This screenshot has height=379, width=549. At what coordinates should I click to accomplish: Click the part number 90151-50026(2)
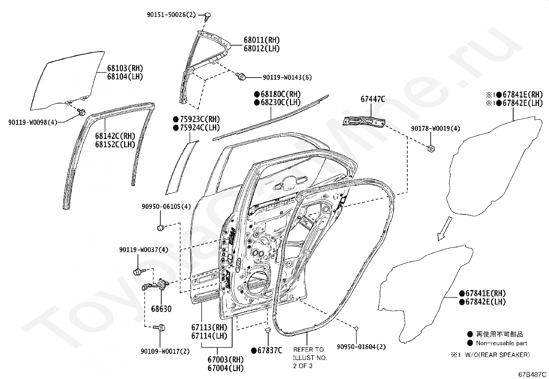pos(171,15)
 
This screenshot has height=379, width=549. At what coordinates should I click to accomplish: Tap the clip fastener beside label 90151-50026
pos(207,16)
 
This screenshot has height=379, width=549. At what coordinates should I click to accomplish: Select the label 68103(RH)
pos(125,68)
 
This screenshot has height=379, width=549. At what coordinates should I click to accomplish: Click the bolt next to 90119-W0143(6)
pos(241,77)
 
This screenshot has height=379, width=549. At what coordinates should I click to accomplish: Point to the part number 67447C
pos(373,99)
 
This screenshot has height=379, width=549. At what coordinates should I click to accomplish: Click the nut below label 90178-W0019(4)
pos(431,149)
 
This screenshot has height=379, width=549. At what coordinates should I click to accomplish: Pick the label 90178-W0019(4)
pos(436,128)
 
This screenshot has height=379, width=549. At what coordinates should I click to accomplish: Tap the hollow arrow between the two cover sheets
pos(445,229)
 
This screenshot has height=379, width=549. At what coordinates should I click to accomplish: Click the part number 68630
pos(161,309)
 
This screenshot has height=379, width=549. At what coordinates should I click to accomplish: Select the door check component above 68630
pos(156,285)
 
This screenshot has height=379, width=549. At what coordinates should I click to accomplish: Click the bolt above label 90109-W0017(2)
pos(159,327)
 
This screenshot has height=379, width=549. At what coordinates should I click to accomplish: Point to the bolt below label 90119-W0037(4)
pos(139,271)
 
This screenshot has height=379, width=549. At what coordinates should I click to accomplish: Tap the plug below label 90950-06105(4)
pos(161,228)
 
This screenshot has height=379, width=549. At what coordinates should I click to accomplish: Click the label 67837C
pos(267,351)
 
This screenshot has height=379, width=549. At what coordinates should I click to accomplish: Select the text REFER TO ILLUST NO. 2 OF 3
pos(310,358)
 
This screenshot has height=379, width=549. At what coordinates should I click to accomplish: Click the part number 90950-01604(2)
pos(361,347)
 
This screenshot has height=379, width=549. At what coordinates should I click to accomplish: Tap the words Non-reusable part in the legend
pos(501,343)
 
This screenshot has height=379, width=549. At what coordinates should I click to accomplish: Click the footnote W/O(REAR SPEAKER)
pos(497,355)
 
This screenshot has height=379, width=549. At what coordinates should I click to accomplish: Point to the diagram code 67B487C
pos(532,375)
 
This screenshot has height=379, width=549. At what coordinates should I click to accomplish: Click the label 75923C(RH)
pos(197,119)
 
